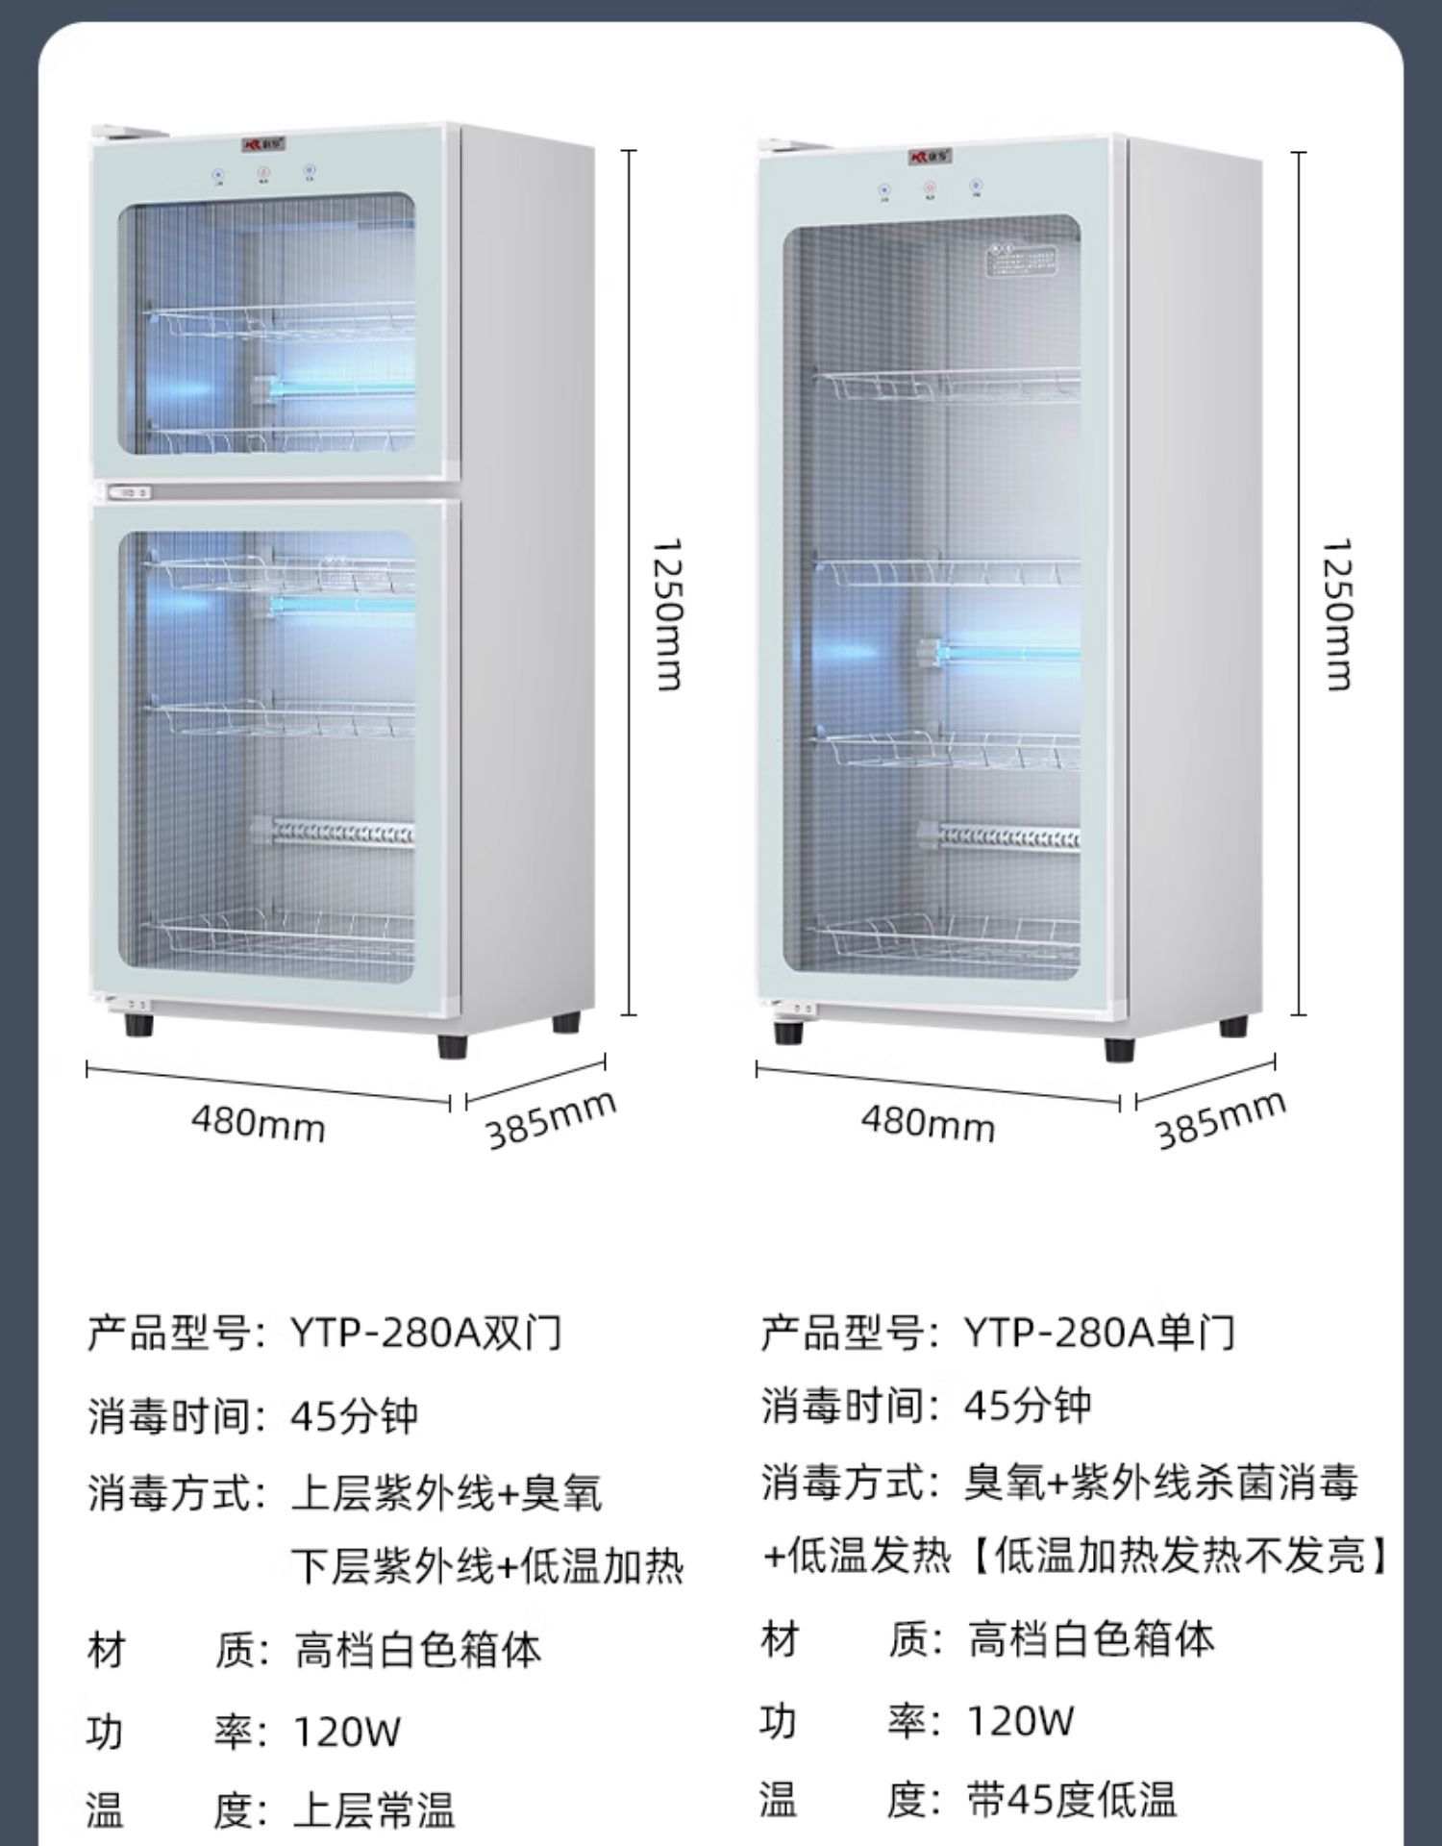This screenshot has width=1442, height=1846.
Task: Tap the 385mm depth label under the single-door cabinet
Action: coord(1220,1120)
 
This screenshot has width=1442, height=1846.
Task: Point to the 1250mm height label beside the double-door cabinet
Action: coord(666,614)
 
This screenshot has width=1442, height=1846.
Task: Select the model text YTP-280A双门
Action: coord(426,1334)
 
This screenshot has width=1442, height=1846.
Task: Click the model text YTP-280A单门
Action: coord(1099,1334)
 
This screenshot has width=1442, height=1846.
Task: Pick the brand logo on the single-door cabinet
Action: coord(929,155)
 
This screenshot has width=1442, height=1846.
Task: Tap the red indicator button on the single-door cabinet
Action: coord(930,188)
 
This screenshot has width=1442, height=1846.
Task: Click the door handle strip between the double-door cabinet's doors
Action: coord(131,492)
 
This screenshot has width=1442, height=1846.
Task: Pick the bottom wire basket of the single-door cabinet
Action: coord(947,936)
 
